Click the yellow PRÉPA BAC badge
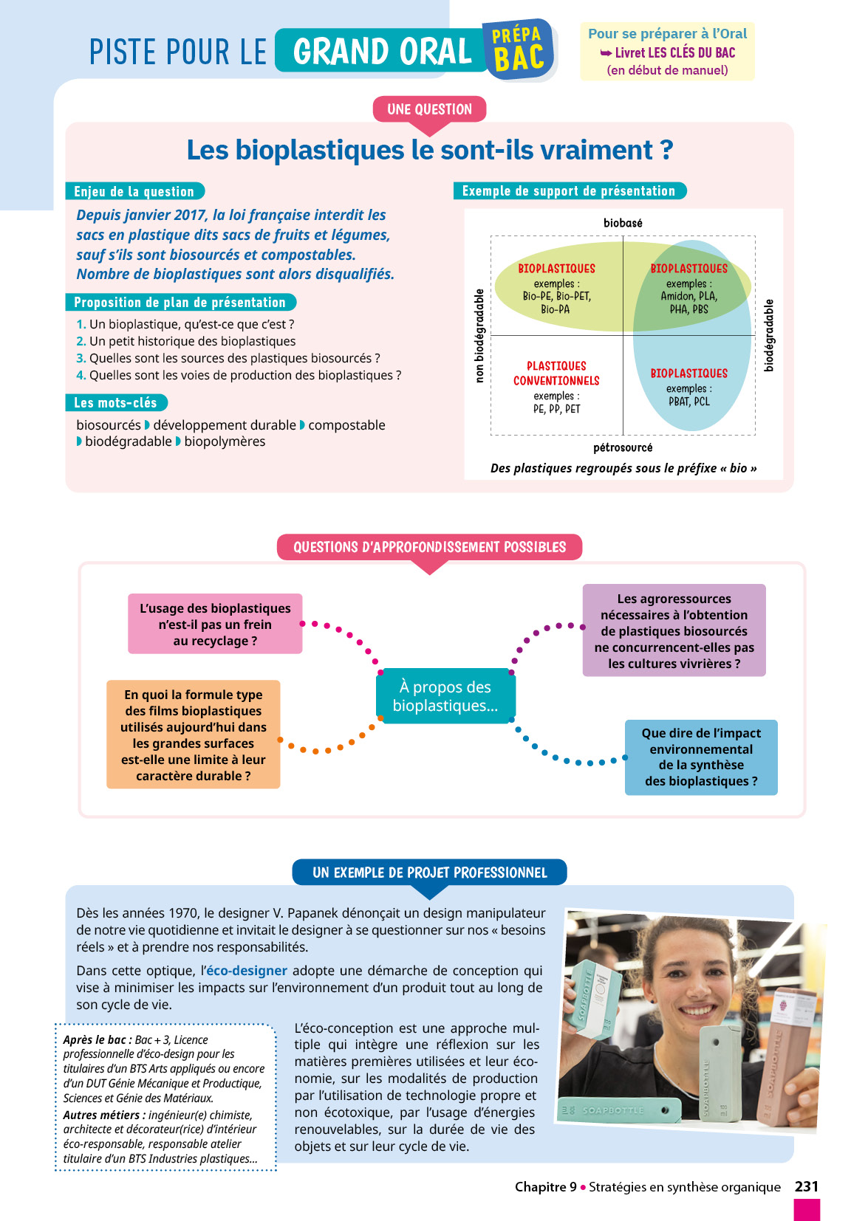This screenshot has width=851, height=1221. (519, 50)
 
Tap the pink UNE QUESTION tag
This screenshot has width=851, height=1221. (429, 109)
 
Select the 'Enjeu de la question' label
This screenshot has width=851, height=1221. (134, 191)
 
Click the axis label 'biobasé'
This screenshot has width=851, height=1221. (623, 223)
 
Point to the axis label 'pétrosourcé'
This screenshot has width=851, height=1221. (623, 447)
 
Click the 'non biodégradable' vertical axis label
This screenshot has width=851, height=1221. (479, 336)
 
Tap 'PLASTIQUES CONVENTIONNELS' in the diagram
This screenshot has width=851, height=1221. (556, 374)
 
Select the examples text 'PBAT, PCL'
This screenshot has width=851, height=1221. (689, 402)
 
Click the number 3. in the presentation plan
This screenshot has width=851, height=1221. (81, 358)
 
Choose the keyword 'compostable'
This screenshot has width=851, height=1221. (346, 425)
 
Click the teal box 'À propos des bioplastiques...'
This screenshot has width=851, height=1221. (445, 696)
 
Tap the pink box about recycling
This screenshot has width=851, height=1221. (215, 624)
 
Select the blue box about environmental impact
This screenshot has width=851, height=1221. (701, 757)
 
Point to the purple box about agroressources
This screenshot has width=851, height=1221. (674, 630)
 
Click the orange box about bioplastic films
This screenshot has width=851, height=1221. (193, 735)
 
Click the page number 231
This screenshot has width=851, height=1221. (806, 1186)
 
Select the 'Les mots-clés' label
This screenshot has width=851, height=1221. (116, 403)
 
